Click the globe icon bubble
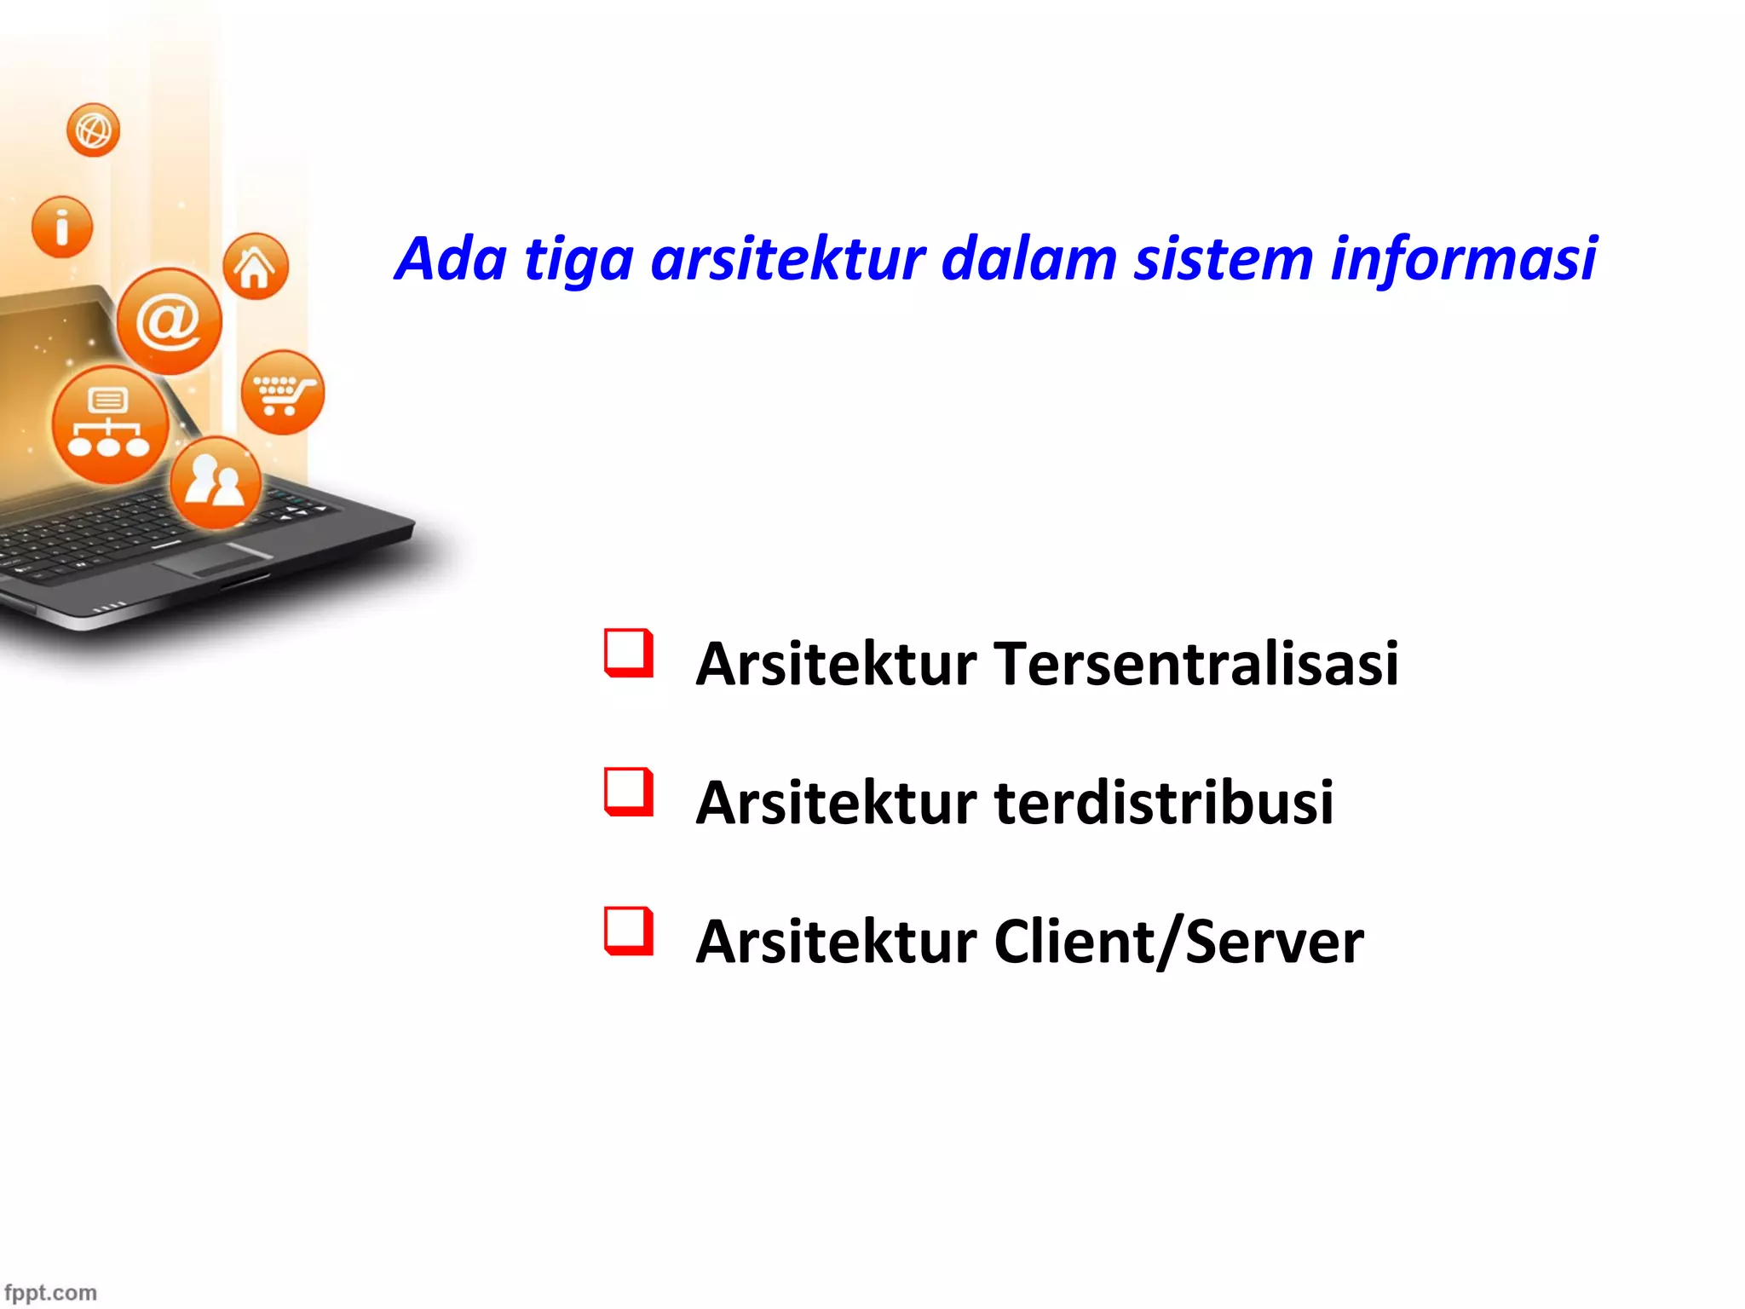tap(93, 130)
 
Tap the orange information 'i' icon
tap(61, 227)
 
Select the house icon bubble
tap(255, 266)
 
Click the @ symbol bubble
tap(169, 321)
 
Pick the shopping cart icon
tap(283, 393)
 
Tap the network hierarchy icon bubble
tap(109, 424)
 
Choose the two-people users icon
tap(216, 482)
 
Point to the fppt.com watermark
tap(50, 1292)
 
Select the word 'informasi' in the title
tap(1463, 259)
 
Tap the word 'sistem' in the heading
tap(1223, 259)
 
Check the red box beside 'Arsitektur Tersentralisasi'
tap(629, 653)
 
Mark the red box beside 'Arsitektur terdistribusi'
tap(629, 792)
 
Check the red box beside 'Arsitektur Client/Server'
tap(629, 931)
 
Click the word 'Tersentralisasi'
tap(1195, 664)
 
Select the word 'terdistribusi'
tap(1163, 803)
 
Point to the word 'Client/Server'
tap(1178, 942)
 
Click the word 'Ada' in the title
tap(452, 259)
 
